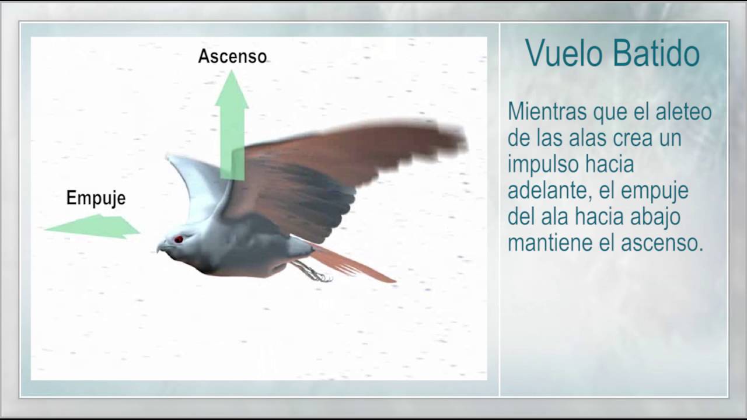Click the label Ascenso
(232, 57)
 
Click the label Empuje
(96, 198)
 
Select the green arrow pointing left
(93, 226)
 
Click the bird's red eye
(179, 239)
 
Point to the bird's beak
(162, 248)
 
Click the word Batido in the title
(656, 54)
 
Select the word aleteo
(683, 111)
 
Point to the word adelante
(549, 191)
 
